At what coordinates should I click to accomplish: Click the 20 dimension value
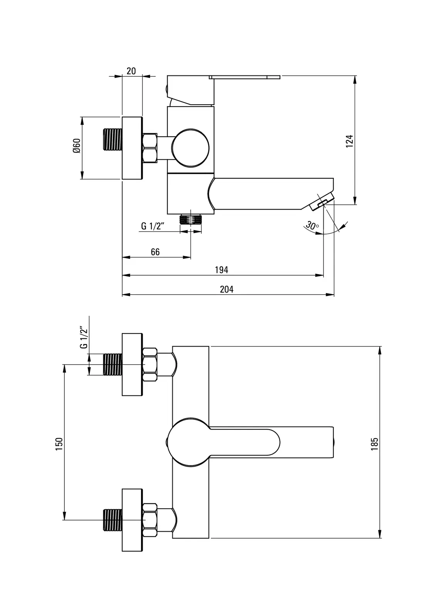click(131, 71)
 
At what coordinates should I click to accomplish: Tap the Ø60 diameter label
click(76, 146)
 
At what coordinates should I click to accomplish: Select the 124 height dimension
click(349, 141)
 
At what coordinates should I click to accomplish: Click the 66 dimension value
click(155, 252)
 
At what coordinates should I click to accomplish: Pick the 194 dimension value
click(222, 270)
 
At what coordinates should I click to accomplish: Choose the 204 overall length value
click(227, 289)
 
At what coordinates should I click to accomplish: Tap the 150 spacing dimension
click(59, 444)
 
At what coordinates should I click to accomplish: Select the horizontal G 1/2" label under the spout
click(153, 226)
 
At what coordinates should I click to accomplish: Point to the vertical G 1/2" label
click(84, 338)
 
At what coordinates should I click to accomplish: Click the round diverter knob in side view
click(190, 148)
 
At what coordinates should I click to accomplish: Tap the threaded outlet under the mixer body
click(191, 219)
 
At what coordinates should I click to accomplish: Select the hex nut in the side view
click(150, 148)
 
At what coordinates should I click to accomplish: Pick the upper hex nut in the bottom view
click(150, 364)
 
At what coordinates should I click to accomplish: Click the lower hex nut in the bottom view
click(150, 520)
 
